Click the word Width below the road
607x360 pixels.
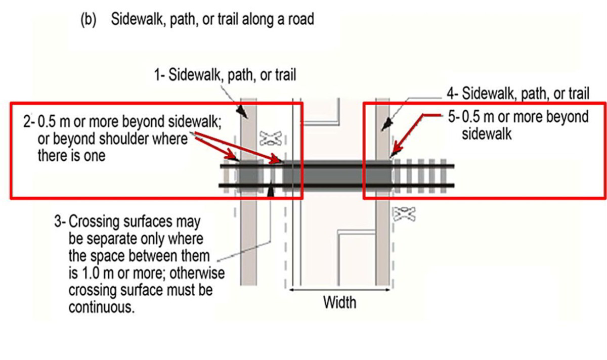[340, 302]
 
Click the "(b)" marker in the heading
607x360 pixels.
[89, 20]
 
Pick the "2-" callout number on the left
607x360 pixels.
[27, 123]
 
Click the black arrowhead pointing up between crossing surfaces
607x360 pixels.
[271, 191]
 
